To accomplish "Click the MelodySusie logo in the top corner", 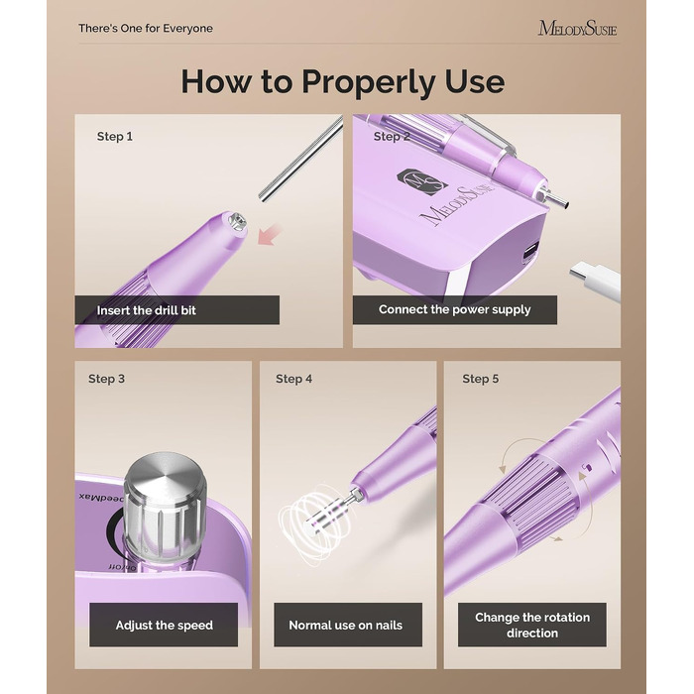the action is tap(577, 29).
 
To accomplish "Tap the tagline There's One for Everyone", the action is tap(146, 29).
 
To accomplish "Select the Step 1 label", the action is tap(115, 137).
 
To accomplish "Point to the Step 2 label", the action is tap(392, 137).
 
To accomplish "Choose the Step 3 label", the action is tap(106, 379).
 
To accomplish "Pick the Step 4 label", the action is tap(293, 379).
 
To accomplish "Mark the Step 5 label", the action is tap(480, 379).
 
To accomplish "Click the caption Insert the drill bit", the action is tap(146, 310).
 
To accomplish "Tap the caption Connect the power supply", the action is tap(454, 309).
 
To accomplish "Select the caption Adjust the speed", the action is tap(164, 625).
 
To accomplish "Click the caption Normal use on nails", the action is tap(346, 625).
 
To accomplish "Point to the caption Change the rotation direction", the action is tap(532, 625).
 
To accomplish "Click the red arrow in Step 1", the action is tap(270, 234).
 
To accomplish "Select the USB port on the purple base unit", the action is tap(529, 252).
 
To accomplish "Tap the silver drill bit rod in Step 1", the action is tap(301, 159).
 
